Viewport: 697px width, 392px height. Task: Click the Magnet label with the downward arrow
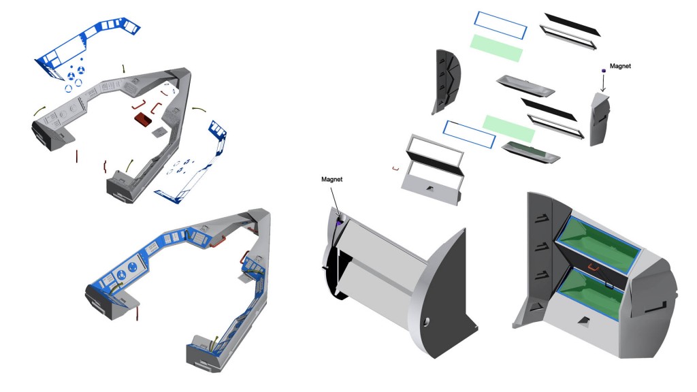coord(620,66)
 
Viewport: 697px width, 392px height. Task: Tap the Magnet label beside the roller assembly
coord(332,179)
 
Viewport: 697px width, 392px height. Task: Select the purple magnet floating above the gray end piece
coord(603,70)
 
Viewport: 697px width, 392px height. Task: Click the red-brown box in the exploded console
coord(144,119)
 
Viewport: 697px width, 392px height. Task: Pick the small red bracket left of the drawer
coord(395,169)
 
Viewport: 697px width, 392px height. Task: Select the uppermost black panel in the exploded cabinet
coord(572,24)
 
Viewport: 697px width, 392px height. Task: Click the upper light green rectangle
coord(496,48)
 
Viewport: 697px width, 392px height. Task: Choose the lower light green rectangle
coord(508,129)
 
